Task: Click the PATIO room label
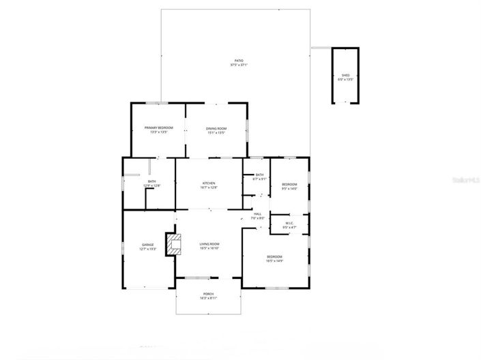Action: pos(237,61)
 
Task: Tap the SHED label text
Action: pos(345,75)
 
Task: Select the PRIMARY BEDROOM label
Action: pos(158,128)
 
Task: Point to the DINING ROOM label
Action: pos(216,128)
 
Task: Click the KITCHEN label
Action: pos(208,183)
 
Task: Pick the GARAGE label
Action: pos(147,244)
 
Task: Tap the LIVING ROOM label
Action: pos(209,244)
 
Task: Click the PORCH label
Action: pos(208,294)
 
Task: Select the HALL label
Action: pos(257,214)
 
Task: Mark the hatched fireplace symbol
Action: pos(176,244)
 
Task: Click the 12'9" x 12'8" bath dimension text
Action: pos(151,185)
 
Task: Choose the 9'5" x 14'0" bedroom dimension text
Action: pos(290,189)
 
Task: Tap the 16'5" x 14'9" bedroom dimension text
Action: pos(275,260)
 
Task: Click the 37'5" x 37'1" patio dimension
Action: pos(237,65)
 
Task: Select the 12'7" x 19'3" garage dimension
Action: pos(147,249)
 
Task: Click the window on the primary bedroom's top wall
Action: pos(158,103)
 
